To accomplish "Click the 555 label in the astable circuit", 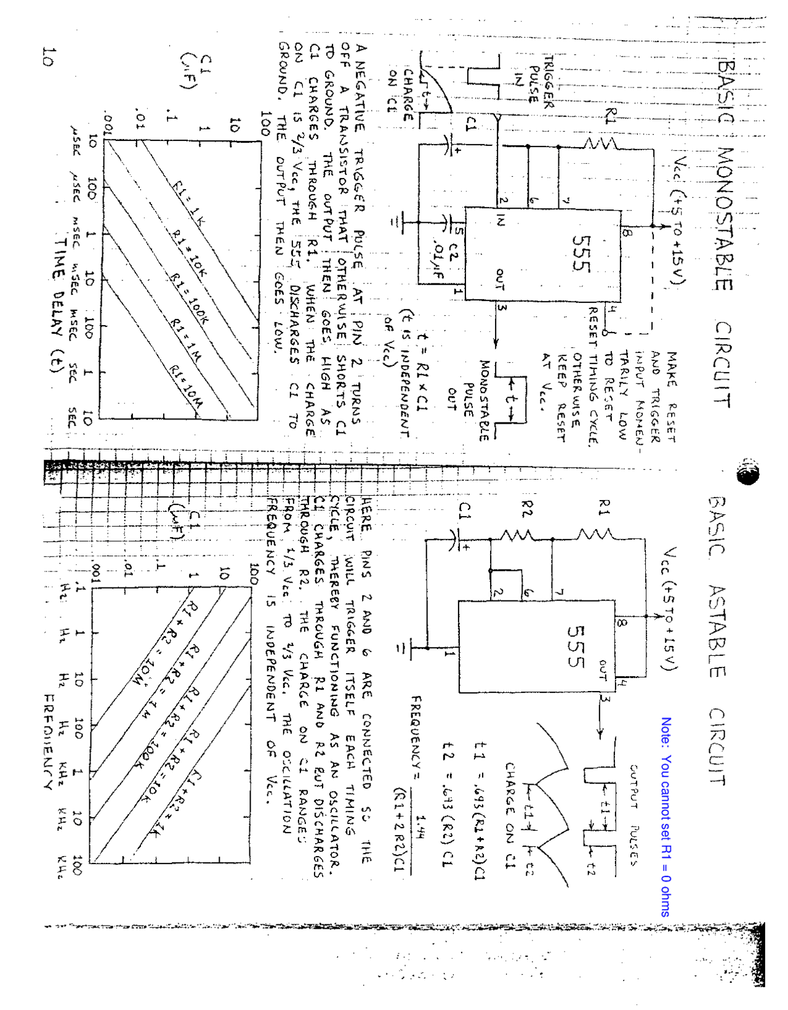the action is click(x=575, y=646).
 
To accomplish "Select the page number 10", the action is click(x=49, y=56).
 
